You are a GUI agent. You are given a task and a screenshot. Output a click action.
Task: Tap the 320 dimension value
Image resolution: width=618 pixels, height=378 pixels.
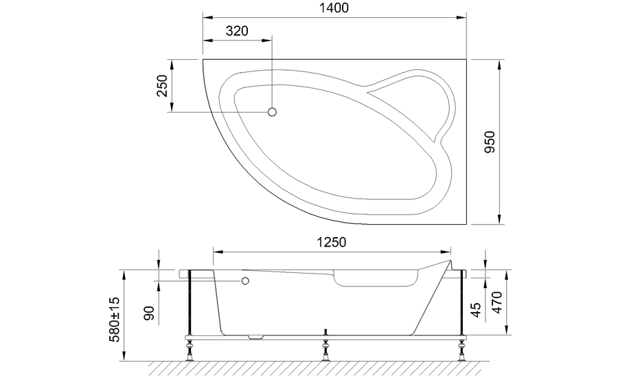(236, 31)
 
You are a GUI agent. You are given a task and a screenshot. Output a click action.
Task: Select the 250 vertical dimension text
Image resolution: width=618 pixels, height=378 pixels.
(163, 86)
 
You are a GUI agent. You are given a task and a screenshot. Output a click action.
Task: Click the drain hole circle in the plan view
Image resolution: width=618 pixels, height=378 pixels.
(272, 111)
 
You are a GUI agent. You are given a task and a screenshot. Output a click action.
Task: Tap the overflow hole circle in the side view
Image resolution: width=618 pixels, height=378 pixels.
(244, 281)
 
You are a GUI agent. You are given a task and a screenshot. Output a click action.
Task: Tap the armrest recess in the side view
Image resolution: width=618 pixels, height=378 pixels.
(376, 280)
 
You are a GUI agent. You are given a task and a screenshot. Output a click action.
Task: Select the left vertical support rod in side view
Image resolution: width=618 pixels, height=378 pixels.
(190, 302)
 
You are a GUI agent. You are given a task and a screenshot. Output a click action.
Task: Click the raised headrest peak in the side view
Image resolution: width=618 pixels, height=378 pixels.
(449, 262)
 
